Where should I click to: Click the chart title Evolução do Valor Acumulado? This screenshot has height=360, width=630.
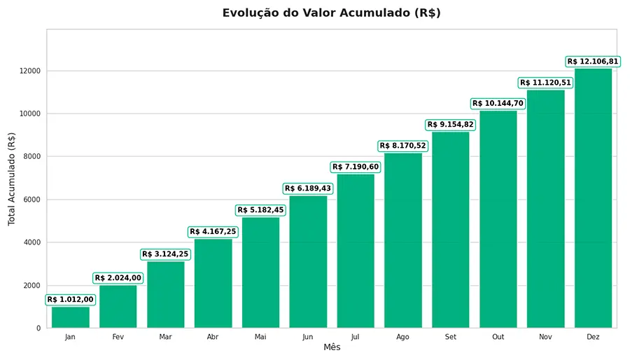pos(331,13)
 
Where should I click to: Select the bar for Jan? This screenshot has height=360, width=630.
pos(70,317)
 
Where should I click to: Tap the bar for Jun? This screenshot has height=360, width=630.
pos(308,262)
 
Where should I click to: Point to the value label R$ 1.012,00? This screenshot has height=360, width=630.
pos(70,300)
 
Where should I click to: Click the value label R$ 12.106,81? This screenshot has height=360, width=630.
pos(593,62)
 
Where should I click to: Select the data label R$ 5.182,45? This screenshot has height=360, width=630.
pos(260,210)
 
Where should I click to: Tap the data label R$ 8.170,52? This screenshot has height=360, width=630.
pos(403,146)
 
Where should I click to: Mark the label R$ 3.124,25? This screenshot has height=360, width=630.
pos(165,254)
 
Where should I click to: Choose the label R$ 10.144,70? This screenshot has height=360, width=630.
pos(498,104)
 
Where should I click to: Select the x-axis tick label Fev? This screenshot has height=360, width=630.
pos(118,337)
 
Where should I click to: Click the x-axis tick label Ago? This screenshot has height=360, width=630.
pos(403,337)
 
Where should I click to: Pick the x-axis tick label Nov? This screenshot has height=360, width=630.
pos(546,337)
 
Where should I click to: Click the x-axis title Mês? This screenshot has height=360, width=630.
pos(332,347)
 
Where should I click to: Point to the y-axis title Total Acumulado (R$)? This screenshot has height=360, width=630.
pos(12,179)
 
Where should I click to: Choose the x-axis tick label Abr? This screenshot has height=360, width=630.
pos(213,337)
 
